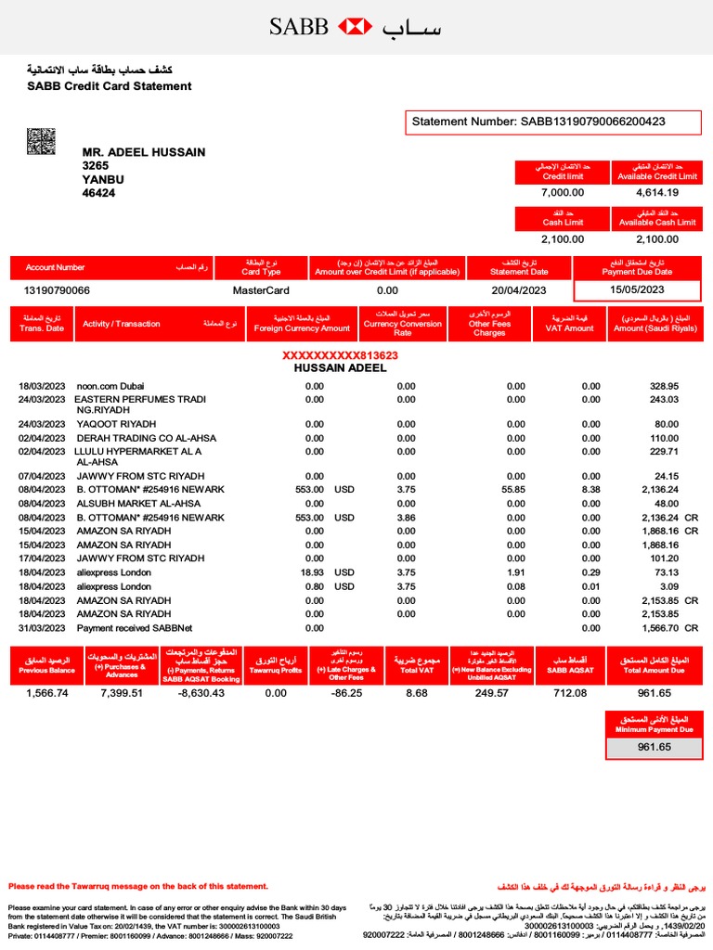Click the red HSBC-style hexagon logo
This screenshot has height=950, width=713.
[356, 27]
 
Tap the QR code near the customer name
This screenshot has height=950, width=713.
[41, 143]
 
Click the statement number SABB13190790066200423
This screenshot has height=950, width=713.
[538, 122]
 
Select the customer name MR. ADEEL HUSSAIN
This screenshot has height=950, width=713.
[144, 152]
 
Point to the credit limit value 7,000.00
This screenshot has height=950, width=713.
[563, 193]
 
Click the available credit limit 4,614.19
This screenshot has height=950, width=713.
[657, 193]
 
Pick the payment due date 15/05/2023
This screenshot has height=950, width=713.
[637, 290]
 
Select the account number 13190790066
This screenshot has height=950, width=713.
[58, 290]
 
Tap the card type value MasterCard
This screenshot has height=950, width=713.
[256, 290]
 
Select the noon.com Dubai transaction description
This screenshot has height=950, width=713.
[110, 386]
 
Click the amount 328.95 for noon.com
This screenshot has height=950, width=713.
[664, 386]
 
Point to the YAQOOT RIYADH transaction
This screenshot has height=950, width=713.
[117, 424]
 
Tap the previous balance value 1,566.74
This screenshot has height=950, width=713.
[46, 693]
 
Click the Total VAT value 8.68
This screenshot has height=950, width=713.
[417, 693]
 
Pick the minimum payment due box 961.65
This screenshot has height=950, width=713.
[654, 747]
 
